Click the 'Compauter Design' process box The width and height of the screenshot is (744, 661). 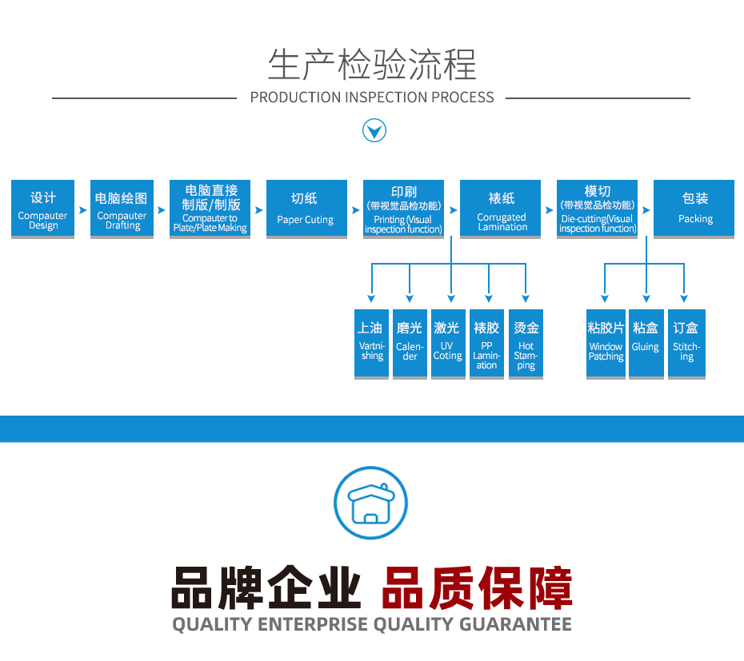click(x=43, y=209)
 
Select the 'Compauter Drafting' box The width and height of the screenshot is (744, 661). click(x=122, y=209)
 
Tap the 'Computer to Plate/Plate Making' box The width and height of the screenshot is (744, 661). click(x=210, y=209)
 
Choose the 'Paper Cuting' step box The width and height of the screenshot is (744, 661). click(x=306, y=209)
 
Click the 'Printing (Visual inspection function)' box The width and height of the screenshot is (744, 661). click(x=403, y=209)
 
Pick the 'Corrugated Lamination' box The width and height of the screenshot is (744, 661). click(x=501, y=209)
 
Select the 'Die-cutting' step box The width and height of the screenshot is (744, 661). click(x=597, y=209)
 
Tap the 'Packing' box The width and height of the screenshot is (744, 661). click(x=694, y=209)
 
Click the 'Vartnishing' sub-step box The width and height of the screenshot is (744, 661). click(x=371, y=344)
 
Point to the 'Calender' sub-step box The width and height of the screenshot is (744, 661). click(x=410, y=344)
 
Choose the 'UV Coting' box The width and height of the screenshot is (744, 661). click(x=448, y=344)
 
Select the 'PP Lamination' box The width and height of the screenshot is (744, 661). click(x=486, y=344)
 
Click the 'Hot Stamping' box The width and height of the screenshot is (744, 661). click(x=526, y=344)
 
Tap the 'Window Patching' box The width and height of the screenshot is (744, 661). click(x=606, y=344)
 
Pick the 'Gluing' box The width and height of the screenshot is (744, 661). click(x=646, y=344)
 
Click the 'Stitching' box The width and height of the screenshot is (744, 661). click(x=686, y=344)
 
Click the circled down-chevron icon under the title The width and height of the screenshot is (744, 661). click(x=374, y=130)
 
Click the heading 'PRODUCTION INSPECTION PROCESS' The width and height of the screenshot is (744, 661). click(x=372, y=98)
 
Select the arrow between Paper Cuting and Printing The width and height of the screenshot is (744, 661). click(x=355, y=210)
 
